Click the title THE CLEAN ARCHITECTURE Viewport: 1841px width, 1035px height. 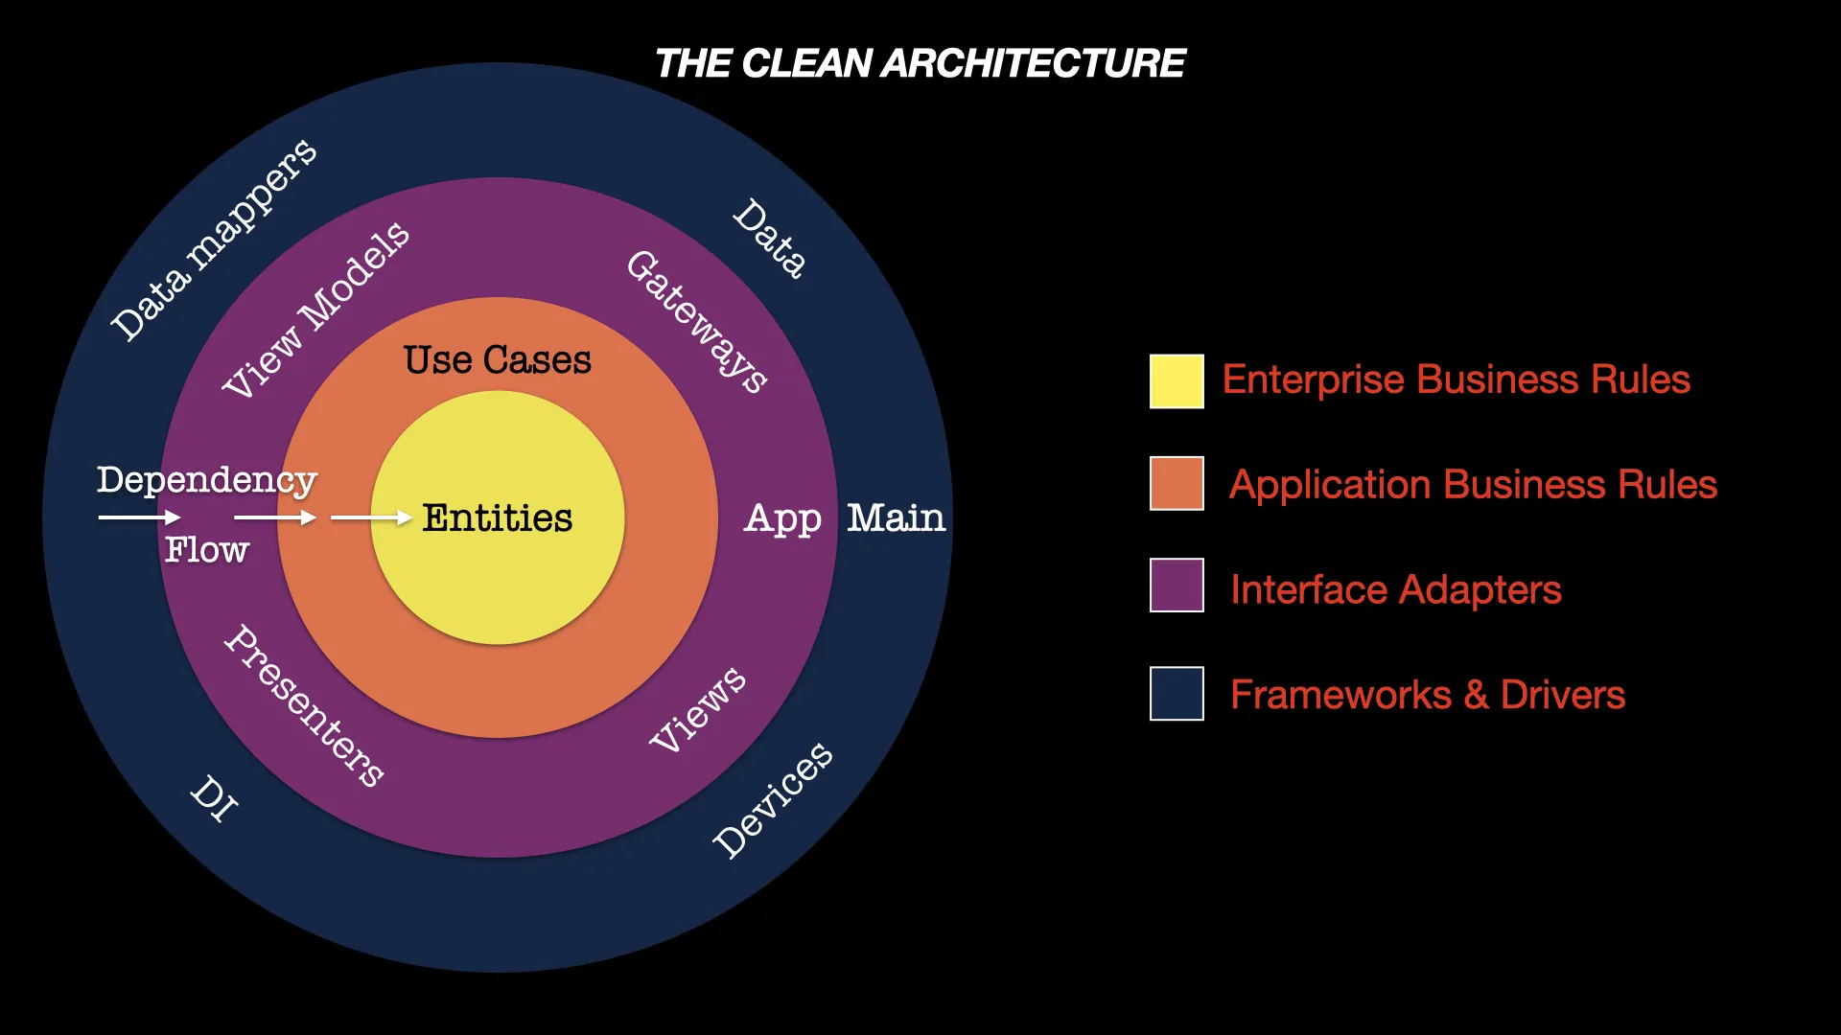coord(920,63)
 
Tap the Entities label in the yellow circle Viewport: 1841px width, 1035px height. coord(497,517)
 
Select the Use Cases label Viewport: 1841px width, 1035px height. coord(497,359)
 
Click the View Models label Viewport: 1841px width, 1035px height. coord(315,309)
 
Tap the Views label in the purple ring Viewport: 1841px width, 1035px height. coord(697,709)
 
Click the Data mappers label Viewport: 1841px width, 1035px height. coord(213,240)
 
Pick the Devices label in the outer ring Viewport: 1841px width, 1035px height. coord(773,800)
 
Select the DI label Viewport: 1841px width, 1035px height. coord(214,798)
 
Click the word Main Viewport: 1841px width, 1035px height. coord(896,517)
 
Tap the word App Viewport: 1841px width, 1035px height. coord(782,519)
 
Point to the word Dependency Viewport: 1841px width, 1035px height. coord(207,480)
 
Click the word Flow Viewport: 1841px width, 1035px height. coord(206,550)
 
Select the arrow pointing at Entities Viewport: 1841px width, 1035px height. coord(372,517)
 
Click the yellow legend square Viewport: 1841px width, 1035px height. coord(1177,381)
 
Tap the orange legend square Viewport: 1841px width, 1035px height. coord(1177,483)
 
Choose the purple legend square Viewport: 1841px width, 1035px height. coord(1177,585)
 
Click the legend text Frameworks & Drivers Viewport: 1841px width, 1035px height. coord(1428,694)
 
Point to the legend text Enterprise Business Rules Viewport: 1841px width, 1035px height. coord(1456,379)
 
